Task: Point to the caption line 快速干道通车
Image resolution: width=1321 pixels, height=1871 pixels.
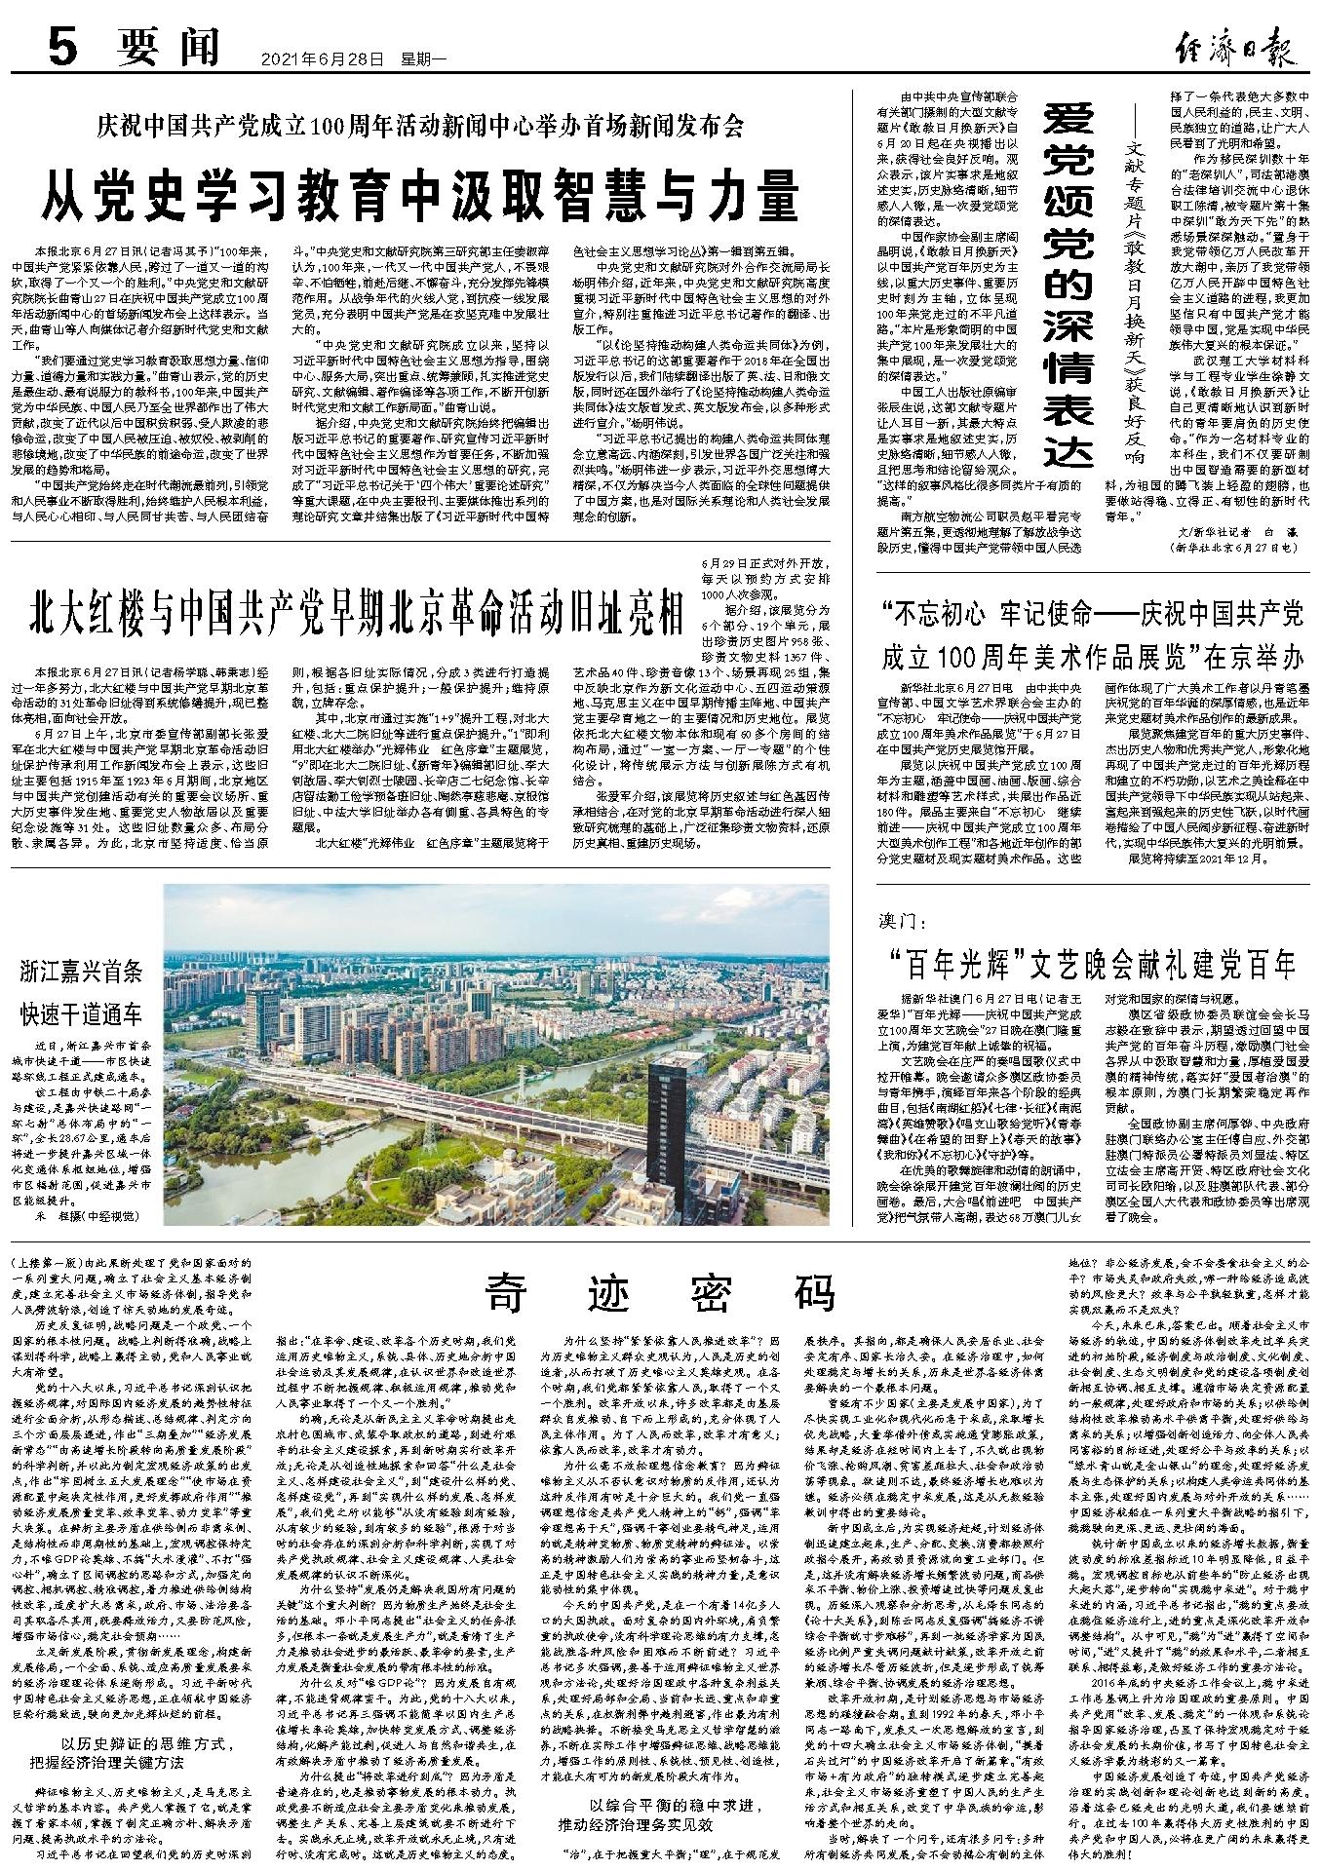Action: (x=83, y=1012)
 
